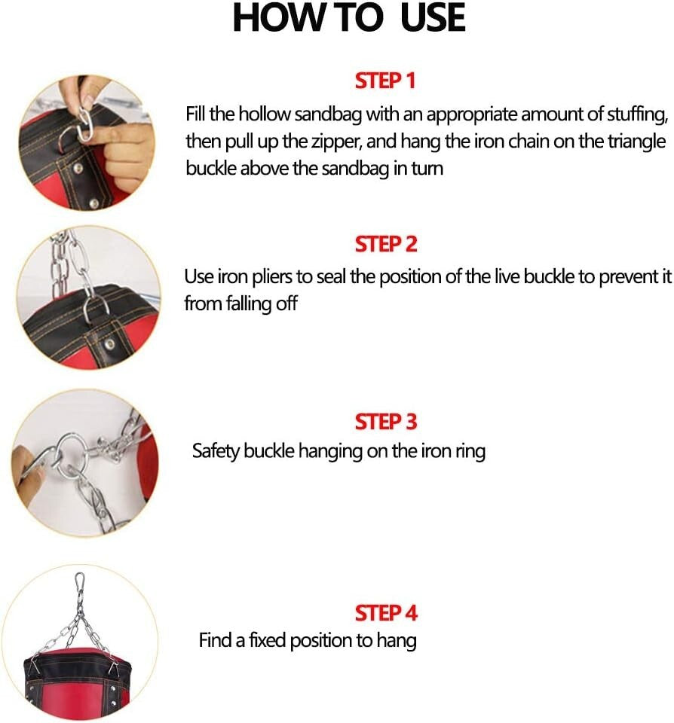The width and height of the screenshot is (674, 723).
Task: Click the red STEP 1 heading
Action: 385,80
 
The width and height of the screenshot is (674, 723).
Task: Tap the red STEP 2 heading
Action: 385,244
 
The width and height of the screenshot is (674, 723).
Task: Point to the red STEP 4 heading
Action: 385,612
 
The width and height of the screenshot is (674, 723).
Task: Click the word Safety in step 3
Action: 216,451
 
